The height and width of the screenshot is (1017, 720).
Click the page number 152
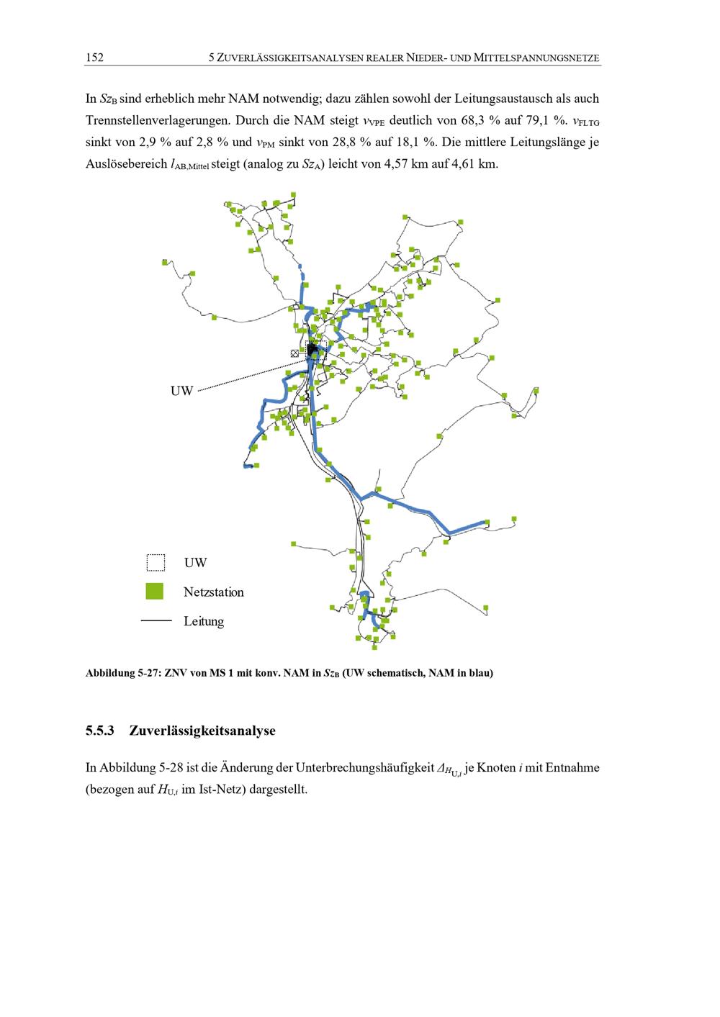pyautogui.click(x=94, y=58)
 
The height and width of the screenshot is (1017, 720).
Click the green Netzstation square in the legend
pyautogui.click(x=155, y=592)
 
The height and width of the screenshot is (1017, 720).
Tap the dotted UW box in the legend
pyautogui.click(x=156, y=562)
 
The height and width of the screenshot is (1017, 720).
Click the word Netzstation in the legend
pyautogui.click(x=213, y=592)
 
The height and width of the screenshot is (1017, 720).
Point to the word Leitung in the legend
pyautogui.click(x=204, y=621)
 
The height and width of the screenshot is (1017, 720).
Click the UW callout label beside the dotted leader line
pyautogui.click(x=181, y=392)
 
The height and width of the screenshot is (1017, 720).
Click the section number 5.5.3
pyautogui.click(x=100, y=731)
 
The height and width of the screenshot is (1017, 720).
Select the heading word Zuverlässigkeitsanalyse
pyautogui.click(x=202, y=731)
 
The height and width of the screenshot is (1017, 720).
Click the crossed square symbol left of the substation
pyautogui.click(x=294, y=353)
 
